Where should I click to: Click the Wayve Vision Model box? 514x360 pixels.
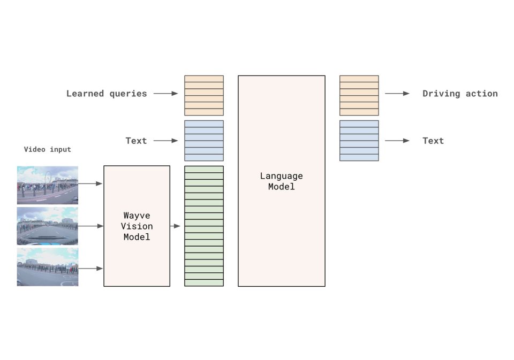(137, 226)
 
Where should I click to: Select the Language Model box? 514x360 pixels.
(281, 181)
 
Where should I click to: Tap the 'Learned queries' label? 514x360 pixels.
(107, 94)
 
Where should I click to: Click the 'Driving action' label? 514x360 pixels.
(460, 94)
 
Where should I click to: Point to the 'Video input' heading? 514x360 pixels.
(47, 149)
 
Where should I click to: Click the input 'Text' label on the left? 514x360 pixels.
(136, 141)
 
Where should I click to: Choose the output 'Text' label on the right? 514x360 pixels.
(433, 141)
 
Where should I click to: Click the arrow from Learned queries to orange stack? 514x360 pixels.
(165, 94)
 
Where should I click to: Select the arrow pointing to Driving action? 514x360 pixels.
(397, 94)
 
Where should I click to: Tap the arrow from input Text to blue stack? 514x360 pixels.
(165, 141)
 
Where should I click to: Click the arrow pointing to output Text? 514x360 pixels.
(397, 141)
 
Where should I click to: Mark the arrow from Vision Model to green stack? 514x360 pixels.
(176, 226)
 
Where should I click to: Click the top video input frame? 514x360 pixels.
(47, 185)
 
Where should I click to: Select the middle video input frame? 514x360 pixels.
(47, 226)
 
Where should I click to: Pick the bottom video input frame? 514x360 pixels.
(47, 266)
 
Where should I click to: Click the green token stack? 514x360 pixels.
(204, 226)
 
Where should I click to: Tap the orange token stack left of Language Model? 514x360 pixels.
(204, 95)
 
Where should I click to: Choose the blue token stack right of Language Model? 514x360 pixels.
(359, 140)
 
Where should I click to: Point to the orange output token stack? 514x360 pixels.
(359, 95)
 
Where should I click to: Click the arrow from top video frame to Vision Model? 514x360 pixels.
(90, 183)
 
